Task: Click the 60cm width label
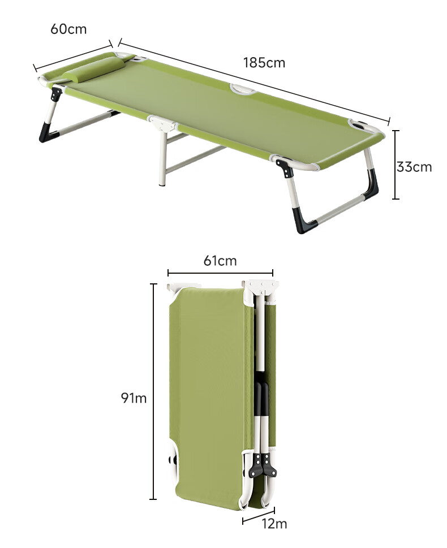coord(68,29)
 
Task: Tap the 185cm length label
coord(264,63)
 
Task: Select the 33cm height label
coord(414,167)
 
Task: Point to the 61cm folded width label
coord(220,261)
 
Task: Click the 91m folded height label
coord(134,398)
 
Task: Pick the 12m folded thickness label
coord(274,524)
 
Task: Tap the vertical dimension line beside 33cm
coord(396,165)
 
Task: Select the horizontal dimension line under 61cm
coord(220,273)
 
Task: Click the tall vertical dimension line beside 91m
coord(153,391)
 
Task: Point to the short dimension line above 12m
coord(259,516)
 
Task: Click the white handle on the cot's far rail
coord(243,89)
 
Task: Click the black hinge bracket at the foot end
coord(285,167)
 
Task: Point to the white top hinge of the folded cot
coord(261,288)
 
